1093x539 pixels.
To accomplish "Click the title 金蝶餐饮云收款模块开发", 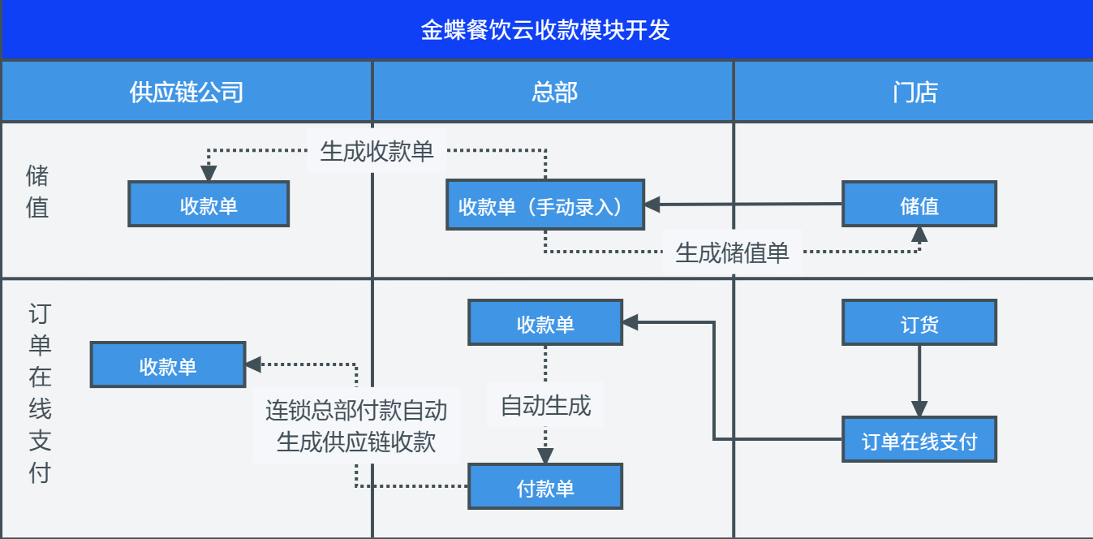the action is pos(545,30).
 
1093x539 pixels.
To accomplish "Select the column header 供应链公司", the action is pos(187,92).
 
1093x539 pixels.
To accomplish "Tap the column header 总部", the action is pos(554,92).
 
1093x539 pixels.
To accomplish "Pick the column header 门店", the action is pos(915,92).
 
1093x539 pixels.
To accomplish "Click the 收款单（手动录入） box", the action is pos(545,205).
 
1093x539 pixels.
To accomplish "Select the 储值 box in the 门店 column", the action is pos(919,204).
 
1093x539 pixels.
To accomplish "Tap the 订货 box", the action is pos(919,323).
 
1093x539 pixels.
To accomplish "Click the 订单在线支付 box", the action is pos(919,439).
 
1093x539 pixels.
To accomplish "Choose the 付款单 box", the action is pos(545,487).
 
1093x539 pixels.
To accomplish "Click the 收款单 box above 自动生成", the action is pos(545,323).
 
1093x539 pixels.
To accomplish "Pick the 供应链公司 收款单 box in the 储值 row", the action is pos(209,204).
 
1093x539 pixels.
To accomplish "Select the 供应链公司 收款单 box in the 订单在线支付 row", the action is pos(168,364).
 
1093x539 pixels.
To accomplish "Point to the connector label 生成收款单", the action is pos(377,151).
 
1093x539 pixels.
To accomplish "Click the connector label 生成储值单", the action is pos(732,252).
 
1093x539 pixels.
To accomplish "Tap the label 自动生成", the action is pos(545,405).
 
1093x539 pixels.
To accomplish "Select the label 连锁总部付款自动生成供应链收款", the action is pos(356,425).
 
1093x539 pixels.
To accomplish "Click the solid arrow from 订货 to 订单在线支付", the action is pos(919,381).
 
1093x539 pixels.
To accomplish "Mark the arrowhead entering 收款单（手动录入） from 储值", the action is pos(652,205).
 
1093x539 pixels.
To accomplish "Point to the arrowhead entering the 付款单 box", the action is pos(545,456).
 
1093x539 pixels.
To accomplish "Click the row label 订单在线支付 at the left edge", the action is pos(40,393).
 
